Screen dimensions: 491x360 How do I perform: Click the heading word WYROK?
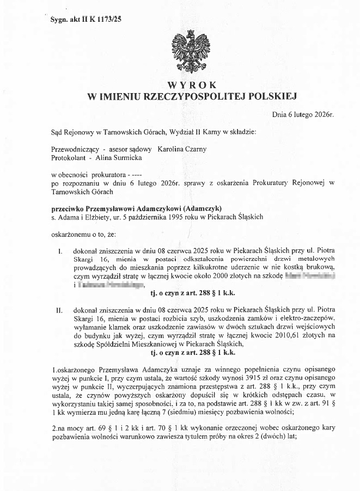coord(192,85)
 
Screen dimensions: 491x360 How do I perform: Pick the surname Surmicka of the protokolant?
coord(126,158)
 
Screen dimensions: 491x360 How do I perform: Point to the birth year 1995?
coord(183,217)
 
